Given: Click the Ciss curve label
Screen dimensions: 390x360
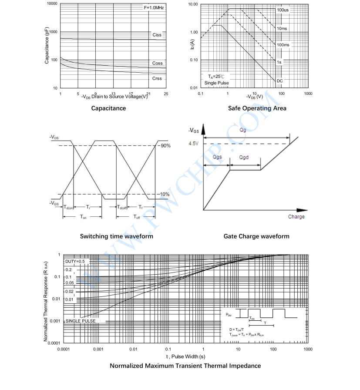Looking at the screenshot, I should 157,34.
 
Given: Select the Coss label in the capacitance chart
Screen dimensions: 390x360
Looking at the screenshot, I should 157,63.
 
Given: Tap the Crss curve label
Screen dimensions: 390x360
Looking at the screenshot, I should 157,78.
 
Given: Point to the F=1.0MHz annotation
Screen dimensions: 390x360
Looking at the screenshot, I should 154,8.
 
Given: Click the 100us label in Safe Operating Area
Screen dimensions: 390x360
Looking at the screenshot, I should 283,10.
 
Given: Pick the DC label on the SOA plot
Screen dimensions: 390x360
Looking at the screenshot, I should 279,81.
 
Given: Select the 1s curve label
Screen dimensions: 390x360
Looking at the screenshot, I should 279,62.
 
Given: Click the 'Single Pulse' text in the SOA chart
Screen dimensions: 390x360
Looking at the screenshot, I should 216,83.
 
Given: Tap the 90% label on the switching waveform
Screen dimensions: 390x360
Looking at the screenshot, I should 165,145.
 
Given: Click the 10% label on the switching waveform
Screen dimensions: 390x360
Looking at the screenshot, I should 165,194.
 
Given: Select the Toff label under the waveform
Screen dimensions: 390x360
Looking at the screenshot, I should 137,216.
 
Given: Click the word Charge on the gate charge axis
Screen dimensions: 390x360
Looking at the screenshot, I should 296,216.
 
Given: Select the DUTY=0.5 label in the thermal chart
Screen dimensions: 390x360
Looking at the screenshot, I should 76,261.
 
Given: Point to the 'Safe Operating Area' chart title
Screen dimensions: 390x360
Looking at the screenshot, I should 257,108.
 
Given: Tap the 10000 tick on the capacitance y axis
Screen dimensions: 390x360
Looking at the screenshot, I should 52,3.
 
